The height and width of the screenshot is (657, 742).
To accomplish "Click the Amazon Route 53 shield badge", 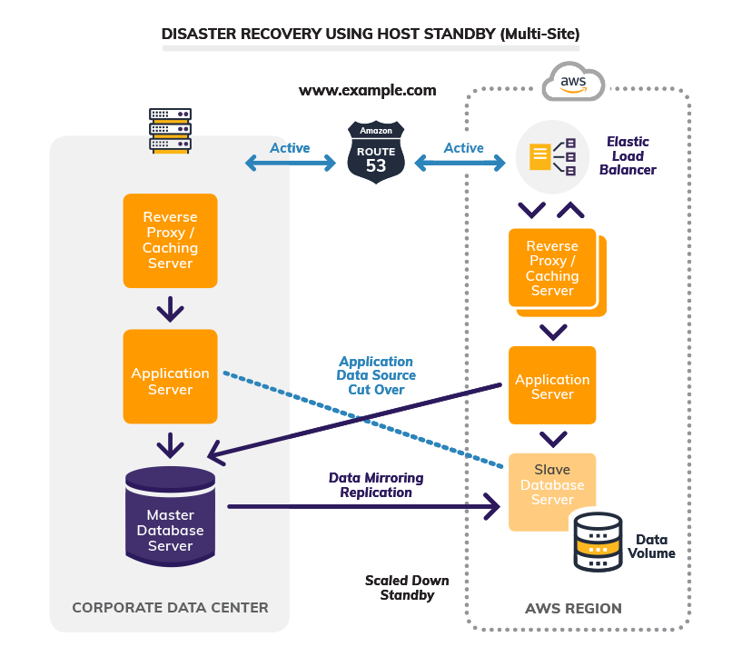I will coord(376,151).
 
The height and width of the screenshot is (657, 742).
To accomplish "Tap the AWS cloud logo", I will coord(573,83).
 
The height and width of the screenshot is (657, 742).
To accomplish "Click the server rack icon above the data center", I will coord(170,130).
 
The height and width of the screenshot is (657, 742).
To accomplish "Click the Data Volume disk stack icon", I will coord(598,542).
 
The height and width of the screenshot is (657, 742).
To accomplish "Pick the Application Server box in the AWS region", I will coord(552,385).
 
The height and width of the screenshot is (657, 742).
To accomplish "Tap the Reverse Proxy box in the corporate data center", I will coord(170,240).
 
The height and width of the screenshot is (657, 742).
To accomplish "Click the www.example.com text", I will coord(368,91).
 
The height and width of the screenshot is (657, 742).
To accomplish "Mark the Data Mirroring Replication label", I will coord(376,485).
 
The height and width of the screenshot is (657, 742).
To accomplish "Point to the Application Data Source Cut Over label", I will coord(376,375).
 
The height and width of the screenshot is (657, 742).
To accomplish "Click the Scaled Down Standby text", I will coord(407,588).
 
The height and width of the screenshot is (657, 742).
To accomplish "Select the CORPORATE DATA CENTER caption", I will coord(170,608).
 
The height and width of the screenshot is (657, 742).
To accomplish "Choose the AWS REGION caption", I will coord(574,608).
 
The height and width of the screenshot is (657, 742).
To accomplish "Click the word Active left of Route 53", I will coord(290,148).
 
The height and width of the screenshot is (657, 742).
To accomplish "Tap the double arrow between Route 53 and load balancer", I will coord(460,164).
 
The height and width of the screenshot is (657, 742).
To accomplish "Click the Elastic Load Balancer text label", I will coord(628,155).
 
